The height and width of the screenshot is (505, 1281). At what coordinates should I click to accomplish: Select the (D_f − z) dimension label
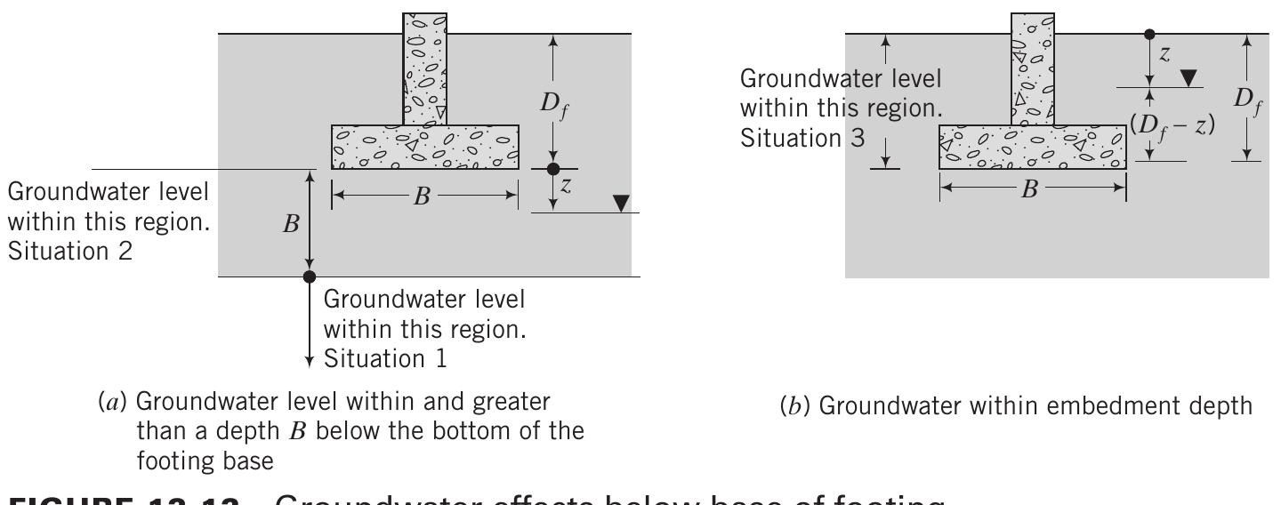1173,125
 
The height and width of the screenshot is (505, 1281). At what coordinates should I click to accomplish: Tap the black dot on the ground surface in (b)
1149,34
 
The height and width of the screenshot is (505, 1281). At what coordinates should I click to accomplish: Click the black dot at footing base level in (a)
553,169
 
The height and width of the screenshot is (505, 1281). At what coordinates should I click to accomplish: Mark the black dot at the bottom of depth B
310,277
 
